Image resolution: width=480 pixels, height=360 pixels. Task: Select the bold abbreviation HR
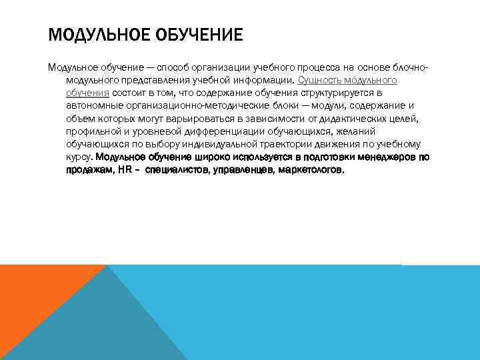124,169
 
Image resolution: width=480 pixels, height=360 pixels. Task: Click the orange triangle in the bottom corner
33,293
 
